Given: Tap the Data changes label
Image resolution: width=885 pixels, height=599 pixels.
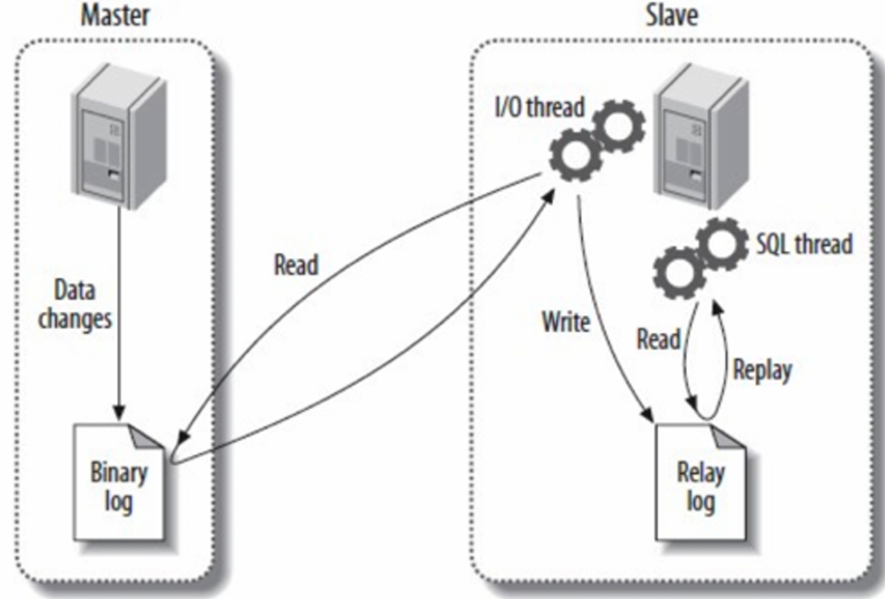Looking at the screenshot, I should (74, 304).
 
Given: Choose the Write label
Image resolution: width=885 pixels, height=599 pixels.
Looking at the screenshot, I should (566, 322).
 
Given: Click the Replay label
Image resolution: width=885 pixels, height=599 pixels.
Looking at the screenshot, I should (763, 370).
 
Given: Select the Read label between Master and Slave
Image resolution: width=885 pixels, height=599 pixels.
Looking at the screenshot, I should (296, 266).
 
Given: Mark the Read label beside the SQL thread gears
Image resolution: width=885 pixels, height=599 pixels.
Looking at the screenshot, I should (658, 339).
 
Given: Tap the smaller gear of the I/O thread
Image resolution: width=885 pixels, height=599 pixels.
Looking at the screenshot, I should (619, 127).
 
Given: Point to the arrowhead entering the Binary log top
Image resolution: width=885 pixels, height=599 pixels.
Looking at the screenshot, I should (118, 409).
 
